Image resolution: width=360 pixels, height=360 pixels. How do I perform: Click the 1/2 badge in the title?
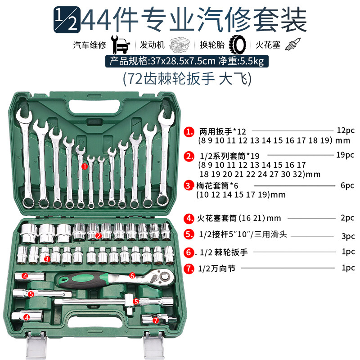click(67, 20)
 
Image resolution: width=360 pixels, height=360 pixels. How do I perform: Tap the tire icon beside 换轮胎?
click(237, 45)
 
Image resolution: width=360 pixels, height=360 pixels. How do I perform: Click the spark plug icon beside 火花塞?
click(293, 44)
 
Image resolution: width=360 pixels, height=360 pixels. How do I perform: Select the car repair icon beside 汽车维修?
click(120, 45)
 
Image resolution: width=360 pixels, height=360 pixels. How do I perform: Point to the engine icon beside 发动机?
click(180, 45)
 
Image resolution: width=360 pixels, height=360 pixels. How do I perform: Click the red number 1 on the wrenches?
click(85, 166)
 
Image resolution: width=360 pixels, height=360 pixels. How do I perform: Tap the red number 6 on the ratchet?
click(132, 275)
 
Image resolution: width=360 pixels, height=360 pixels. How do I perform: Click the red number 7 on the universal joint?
click(156, 320)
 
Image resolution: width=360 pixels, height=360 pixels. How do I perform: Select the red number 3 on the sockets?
click(47, 259)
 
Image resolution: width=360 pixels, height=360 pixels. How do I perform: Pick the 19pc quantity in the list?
click(345, 155)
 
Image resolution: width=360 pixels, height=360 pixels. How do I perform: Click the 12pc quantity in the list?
click(346, 130)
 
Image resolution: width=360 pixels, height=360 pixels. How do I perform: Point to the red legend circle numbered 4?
click(189, 218)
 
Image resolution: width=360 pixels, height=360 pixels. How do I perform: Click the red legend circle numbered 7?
click(189, 268)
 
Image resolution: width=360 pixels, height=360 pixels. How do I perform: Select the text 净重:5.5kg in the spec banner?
click(241, 61)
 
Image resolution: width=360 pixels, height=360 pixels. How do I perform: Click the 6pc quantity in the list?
click(347, 185)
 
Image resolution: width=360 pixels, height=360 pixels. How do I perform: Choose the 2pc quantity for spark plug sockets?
click(347, 218)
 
